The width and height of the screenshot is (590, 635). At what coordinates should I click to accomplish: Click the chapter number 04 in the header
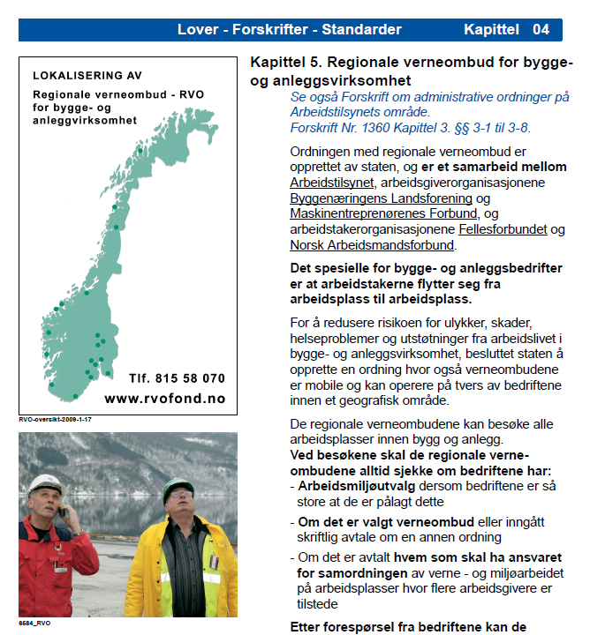541,30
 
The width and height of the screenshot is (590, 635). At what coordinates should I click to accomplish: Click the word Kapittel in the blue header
491,30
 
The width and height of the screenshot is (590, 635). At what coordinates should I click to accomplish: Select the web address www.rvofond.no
165,399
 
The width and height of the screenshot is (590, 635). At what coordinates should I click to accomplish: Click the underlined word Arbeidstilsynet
332,183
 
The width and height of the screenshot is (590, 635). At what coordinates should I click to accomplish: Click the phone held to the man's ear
62,511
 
